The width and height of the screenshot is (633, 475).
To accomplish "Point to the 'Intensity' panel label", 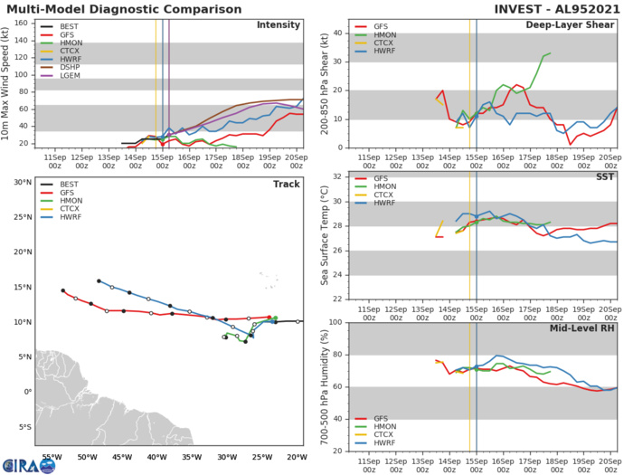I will click(279, 24).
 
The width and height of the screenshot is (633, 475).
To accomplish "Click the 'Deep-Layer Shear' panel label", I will click(571, 24).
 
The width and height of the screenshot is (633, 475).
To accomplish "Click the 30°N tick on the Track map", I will click(22, 182).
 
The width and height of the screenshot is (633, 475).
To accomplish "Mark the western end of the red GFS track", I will click(62, 290).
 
